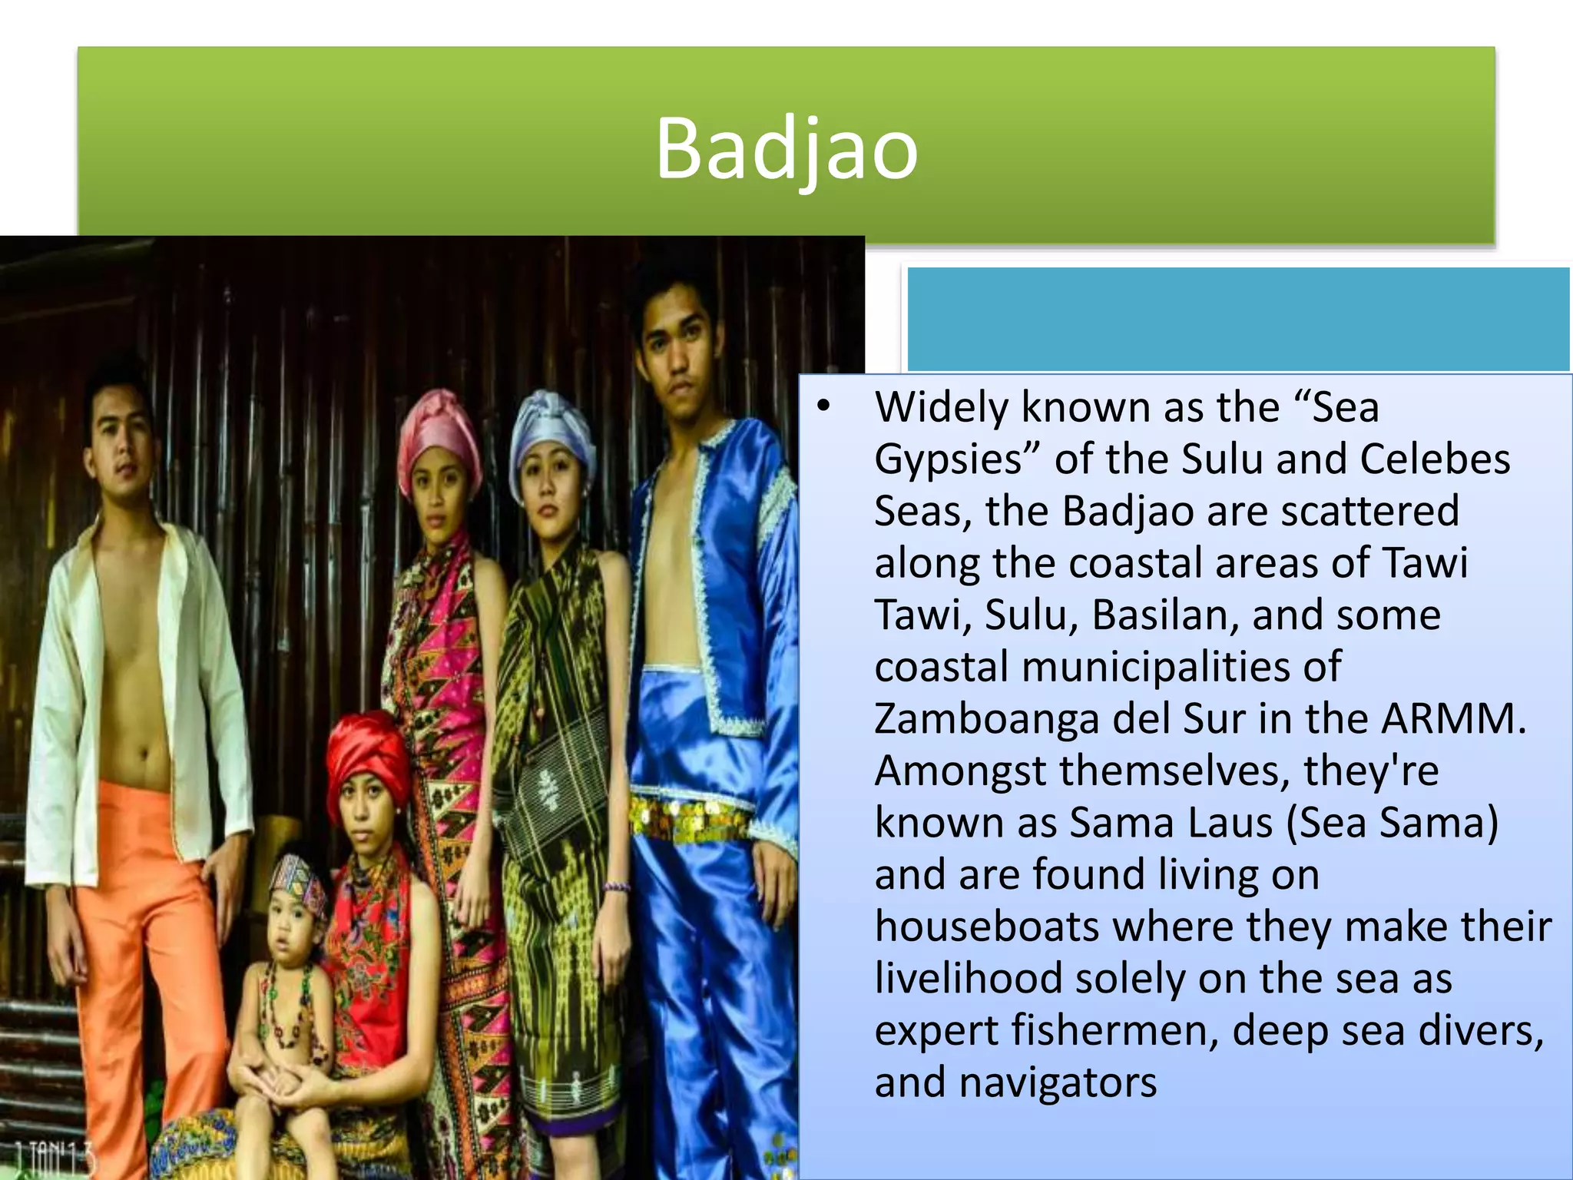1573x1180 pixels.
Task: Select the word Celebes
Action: pyautogui.click(x=1435, y=459)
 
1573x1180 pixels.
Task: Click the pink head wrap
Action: pyautogui.click(x=439, y=427)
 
